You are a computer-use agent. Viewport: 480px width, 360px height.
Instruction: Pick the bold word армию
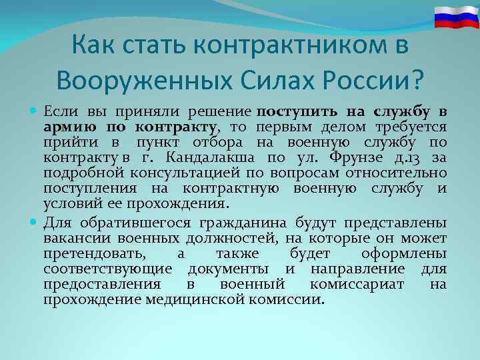pos(65,126)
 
